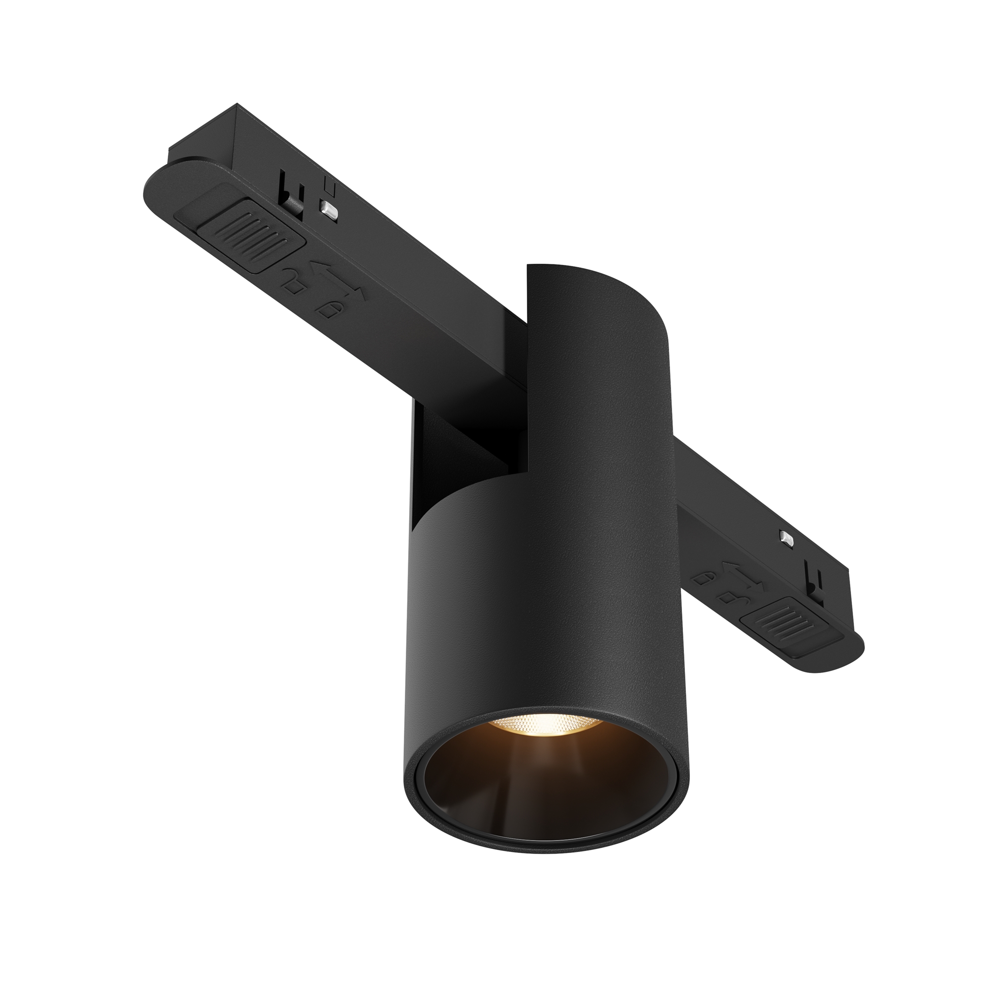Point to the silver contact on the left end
[x=329, y=209]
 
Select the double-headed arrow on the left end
[x=337, y=280]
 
